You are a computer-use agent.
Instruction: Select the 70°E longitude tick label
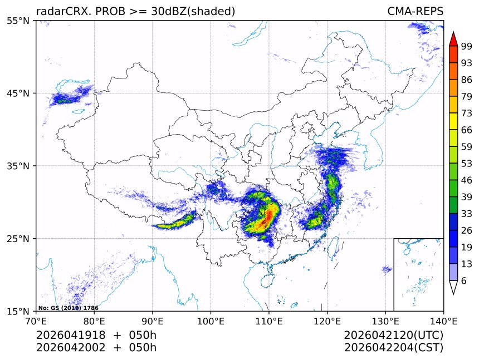click(36, 321)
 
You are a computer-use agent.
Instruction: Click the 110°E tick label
click(269, 321)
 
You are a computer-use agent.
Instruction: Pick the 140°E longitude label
click(443, 321)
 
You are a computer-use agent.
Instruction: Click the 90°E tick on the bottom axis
click(153, 321)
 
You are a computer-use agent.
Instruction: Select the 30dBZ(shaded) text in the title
click(193, 12)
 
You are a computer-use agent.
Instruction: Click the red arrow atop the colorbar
click(453, 39)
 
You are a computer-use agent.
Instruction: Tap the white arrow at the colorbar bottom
click(453, 287)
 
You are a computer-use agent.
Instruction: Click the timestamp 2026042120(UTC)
click(393, 336)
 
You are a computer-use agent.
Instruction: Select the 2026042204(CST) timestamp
click(393, 348)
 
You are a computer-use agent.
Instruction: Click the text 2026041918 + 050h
click(96, 336)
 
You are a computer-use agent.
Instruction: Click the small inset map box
click(418, 274)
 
